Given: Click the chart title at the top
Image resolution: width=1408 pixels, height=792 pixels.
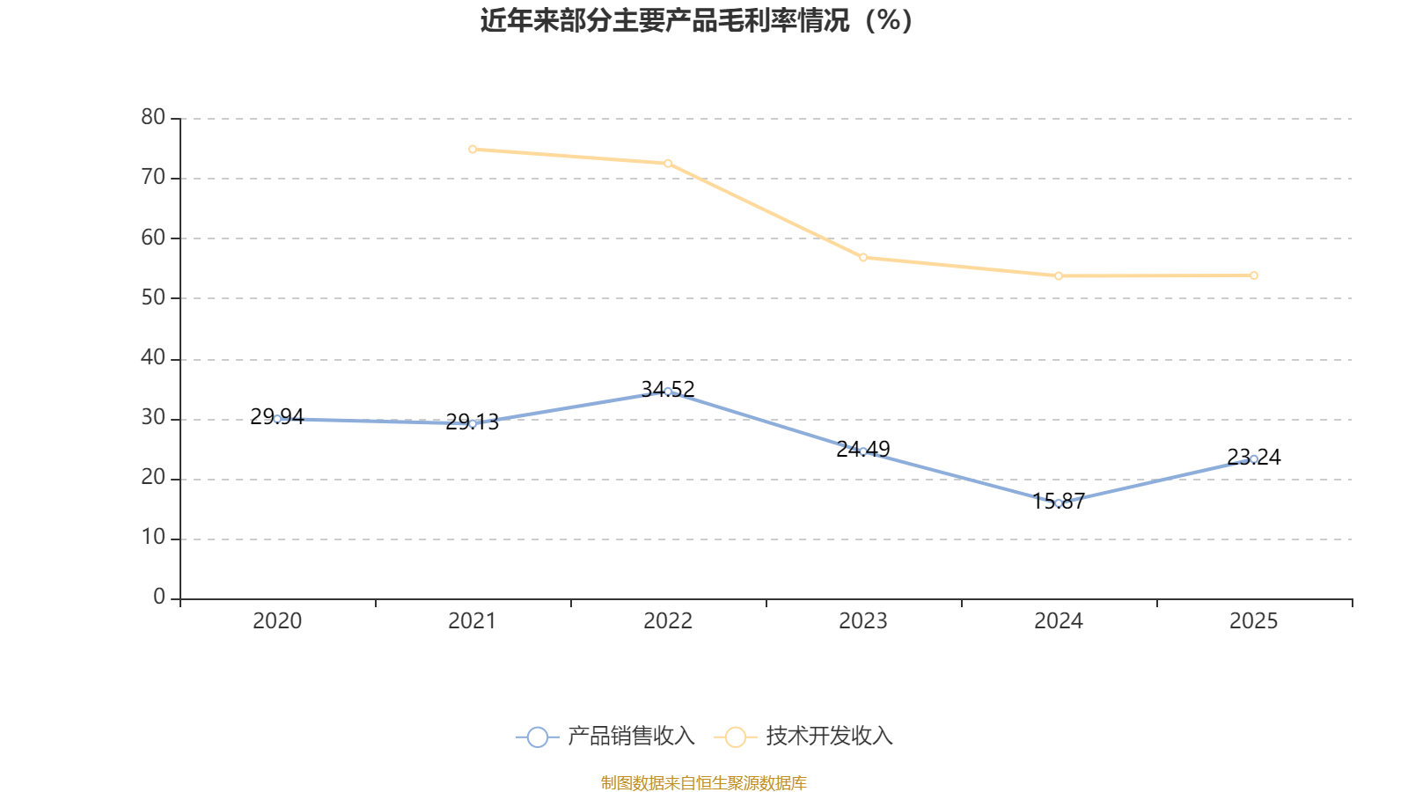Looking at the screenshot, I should point(696,20).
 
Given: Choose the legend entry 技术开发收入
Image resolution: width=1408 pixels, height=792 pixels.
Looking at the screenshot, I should point(804,737).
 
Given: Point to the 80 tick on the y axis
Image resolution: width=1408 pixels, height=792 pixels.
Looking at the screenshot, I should point(153,117).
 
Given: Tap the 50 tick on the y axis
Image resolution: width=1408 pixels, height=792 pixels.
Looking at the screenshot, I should point(153,297).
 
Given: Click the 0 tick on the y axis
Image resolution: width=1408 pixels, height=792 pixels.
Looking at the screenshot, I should point(159,598).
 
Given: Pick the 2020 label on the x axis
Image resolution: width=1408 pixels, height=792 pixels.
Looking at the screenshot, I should point(277,621).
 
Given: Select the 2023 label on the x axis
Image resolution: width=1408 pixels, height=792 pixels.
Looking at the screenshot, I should point(863,621).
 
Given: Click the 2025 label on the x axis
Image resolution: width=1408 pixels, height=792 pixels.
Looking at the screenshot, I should point(1253,621).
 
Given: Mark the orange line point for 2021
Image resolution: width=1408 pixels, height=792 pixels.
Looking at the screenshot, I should point(473,150).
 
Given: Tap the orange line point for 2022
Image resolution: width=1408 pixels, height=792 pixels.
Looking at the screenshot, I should point(668,164).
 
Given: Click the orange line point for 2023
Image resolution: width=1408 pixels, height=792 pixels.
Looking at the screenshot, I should point(863,258).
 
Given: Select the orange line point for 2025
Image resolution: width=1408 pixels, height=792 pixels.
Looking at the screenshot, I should point(1254,275).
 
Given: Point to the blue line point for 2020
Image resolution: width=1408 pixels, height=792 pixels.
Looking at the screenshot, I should point(277,419).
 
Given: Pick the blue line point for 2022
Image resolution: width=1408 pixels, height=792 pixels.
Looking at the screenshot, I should point(668,392).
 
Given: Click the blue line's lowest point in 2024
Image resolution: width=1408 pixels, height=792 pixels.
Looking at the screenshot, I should point(1059,502).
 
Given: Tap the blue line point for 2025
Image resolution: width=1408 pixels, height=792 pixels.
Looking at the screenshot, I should point(1254,458).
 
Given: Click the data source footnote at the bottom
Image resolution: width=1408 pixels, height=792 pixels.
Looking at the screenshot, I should point(703,782).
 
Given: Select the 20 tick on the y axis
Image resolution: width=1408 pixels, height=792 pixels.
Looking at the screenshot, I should point(153,478).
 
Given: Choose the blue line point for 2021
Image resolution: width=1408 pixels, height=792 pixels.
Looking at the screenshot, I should point(473,423).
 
